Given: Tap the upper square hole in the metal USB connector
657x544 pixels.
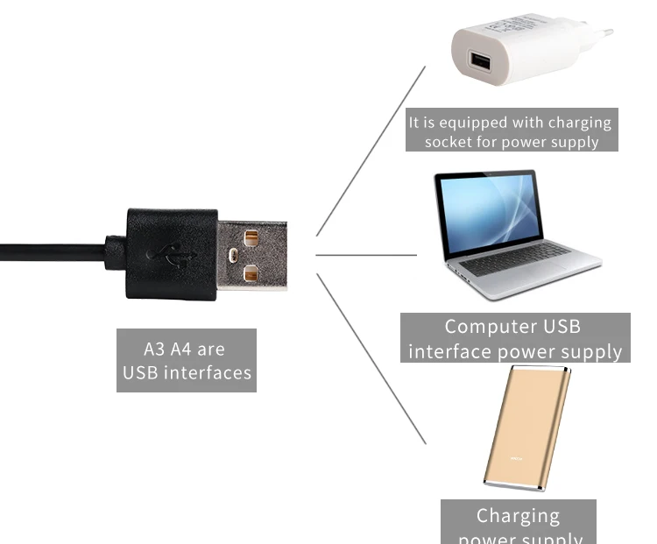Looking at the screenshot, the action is (x=252, y=237).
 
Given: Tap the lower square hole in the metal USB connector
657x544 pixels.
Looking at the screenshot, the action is (x=252, y=274).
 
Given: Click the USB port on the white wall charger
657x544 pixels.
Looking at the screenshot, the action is (x=479, y=62).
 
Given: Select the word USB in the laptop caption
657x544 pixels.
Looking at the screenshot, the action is (x=562, y=327).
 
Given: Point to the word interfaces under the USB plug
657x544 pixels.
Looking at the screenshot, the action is (x=208, y=373).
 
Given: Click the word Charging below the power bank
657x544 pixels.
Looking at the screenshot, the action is (x=518, y=515).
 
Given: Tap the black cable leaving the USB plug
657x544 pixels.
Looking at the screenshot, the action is (x=53, y=249).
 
